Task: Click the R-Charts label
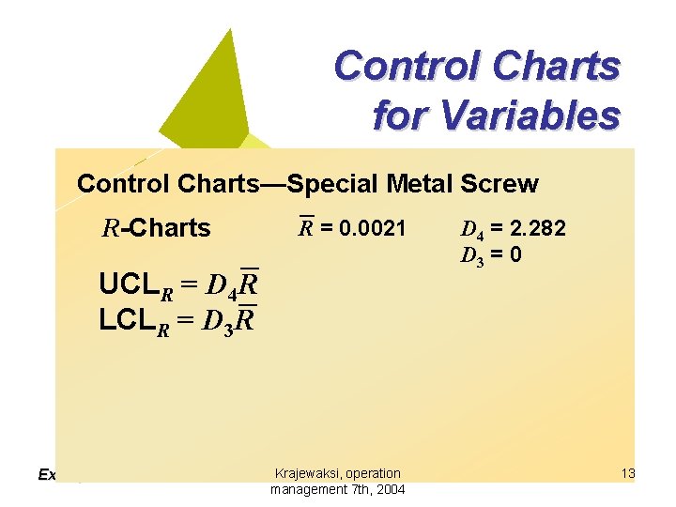coord(157,227)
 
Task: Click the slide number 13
coord(628,473)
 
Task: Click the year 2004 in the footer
coord(389,489)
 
